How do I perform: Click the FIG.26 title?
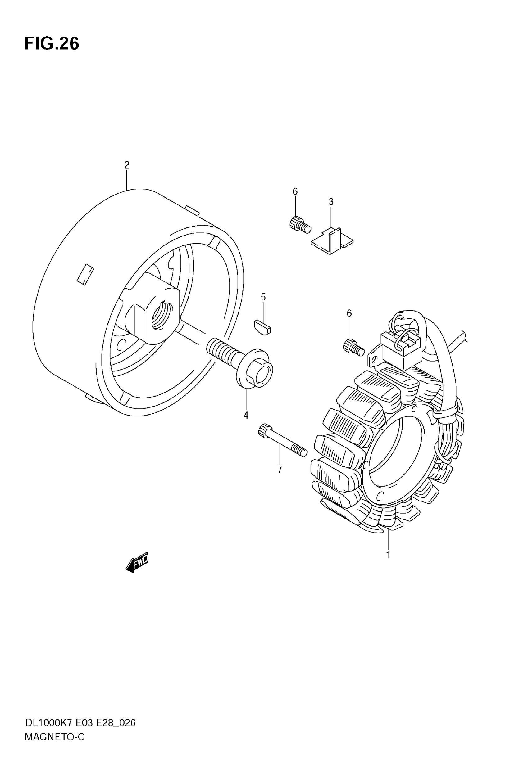tap(52, 44)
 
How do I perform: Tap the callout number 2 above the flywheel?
tap(127, 165)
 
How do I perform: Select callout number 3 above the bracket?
tap(331, 202)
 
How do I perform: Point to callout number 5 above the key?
tap(263, 297)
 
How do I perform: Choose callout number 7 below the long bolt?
tap(280, 469)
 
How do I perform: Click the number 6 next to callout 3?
tap(295, 191)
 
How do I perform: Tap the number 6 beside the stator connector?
tap(349, 313)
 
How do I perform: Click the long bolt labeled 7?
tap(282, 440)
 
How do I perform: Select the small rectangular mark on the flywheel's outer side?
tap(86, 275)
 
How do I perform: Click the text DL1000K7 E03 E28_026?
tap(80, 723)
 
